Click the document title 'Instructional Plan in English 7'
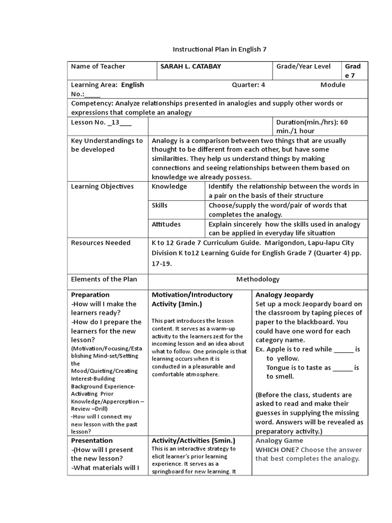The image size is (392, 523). [x=219, y=50]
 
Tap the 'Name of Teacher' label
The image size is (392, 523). [x=98, y=66]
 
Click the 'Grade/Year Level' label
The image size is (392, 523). [x=303, y=66]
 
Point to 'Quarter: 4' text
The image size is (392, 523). [x=249, y=85]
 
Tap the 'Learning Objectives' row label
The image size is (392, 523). [x=102, y=186]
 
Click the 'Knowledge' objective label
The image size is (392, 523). [x=169, y=186]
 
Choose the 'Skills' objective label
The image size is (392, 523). [x=160, y=205]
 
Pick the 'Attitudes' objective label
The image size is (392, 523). [x=166, y=224]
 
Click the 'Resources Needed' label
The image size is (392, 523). [x=101, y=243]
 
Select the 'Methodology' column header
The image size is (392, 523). [x=258, y=279]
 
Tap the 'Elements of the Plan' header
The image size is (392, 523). [x=104, y=279]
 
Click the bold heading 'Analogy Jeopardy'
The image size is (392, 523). [x=284, y=295]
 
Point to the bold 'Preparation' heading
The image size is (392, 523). [x=90, y=295]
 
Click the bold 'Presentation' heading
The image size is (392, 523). [x=92, y=440]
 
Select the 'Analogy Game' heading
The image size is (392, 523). [x=279, y=440]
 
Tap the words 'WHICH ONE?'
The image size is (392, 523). [x=278, y=449]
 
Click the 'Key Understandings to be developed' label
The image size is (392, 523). [x=107, y=145]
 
